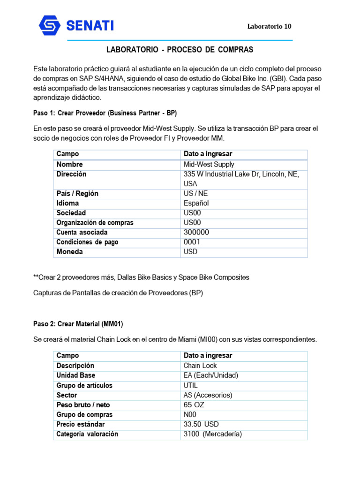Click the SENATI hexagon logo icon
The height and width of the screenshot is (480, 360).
50,26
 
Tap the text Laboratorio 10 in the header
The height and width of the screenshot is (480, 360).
269,26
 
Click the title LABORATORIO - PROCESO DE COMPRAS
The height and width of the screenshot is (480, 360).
180,50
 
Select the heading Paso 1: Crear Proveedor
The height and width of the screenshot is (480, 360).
105,113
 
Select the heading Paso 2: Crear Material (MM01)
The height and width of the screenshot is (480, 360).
78,323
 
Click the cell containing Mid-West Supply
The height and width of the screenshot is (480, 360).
209,165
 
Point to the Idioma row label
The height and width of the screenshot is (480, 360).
67,203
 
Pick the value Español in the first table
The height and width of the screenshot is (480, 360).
196,203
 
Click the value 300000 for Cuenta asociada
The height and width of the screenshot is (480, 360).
196,232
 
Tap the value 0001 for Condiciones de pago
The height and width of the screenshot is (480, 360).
192,242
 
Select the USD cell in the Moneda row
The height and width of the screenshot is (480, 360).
191,252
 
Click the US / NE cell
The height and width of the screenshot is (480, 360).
195,194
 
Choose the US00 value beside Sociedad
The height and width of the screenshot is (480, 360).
192,213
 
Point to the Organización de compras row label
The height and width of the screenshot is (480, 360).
95,223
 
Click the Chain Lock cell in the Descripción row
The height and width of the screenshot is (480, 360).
200,366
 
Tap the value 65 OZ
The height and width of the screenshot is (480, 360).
194,405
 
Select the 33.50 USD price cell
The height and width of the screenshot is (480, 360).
201,424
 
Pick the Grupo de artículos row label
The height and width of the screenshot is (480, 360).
84,385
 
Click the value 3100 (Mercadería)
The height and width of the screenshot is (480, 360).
212,434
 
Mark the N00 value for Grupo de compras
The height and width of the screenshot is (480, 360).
190,414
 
